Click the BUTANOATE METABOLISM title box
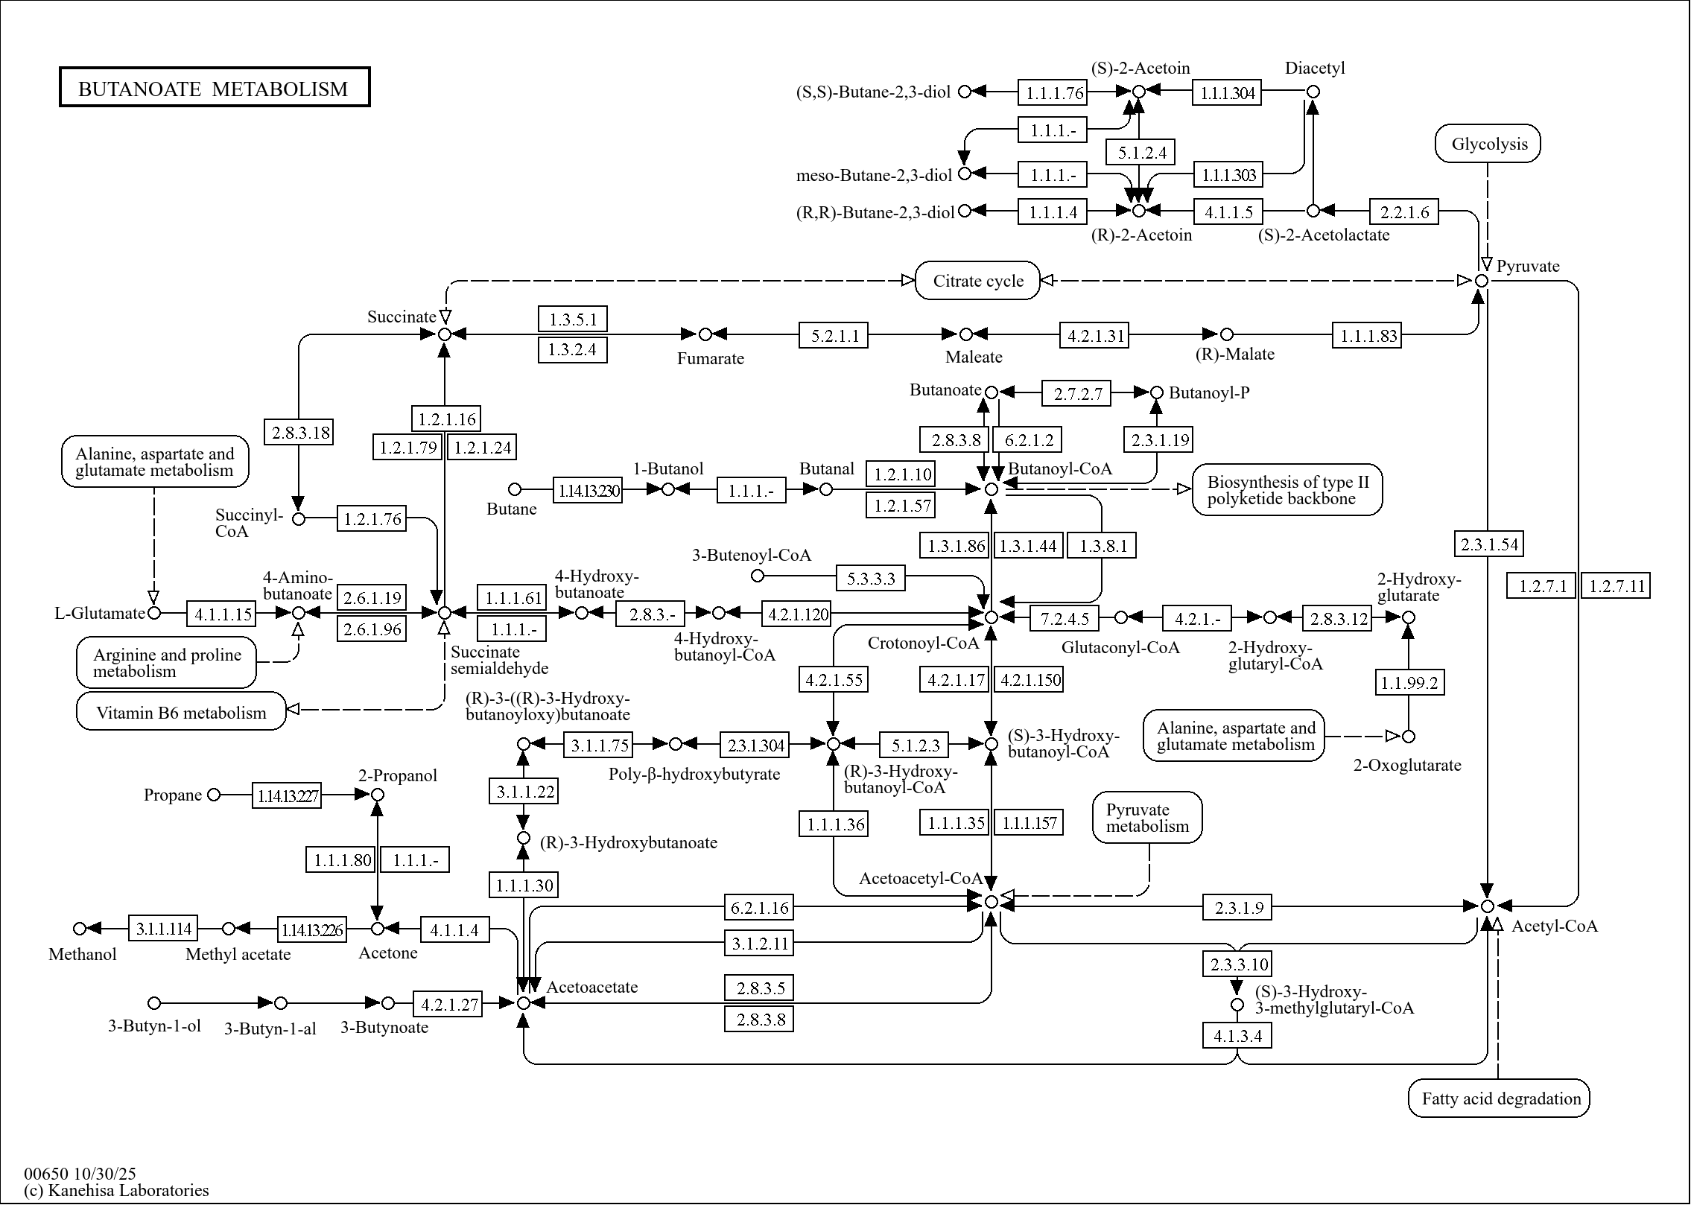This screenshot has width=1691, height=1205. pos(215,88)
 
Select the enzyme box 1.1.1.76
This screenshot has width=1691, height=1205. pos(1053,93)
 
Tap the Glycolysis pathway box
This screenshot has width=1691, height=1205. pos(1488,144)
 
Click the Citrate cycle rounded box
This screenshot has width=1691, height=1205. pos(977,281)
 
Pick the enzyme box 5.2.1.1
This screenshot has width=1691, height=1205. pos(834,335)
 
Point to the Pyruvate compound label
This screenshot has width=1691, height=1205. pos(1528,267)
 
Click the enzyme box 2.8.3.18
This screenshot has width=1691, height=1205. pos(299,433)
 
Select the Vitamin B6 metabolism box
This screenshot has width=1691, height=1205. pos(181,712)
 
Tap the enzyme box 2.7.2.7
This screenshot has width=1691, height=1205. pos(1076,393)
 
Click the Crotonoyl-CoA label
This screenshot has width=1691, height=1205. pos(922,643)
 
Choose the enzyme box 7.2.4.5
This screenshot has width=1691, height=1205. pos(1064,618)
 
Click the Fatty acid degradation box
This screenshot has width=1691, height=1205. pos(1499,1099)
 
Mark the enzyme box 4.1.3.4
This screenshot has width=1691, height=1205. pos(1237,1036)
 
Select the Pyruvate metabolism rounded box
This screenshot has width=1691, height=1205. pos(1147,818)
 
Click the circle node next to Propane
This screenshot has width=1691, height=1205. pos(214,795)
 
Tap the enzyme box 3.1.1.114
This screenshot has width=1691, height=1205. pos(163,929)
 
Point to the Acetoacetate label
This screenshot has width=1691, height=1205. pos(592,987)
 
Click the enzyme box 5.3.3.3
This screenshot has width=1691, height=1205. pos(871,578)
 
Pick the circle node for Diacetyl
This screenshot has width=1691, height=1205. pos(1313,92)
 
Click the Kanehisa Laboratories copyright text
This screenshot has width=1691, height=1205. pos(116,1190)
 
